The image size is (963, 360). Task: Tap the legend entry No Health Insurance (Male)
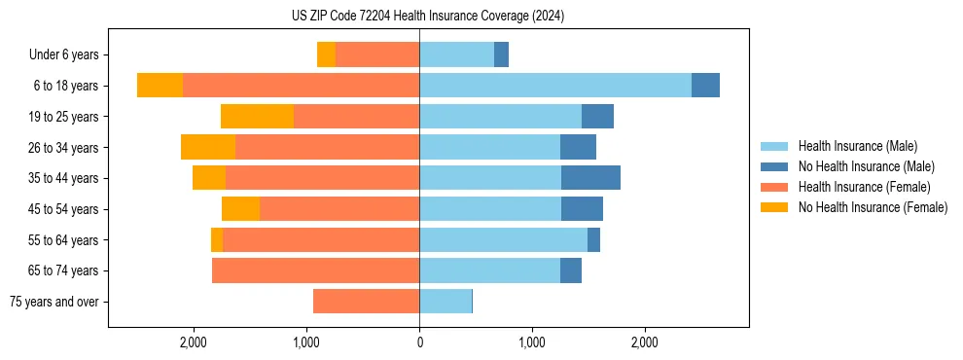866,166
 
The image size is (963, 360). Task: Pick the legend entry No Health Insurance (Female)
873,207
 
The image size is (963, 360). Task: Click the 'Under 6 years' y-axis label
63,55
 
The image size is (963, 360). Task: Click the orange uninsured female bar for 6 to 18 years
160,86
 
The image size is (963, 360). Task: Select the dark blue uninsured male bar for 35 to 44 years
590,178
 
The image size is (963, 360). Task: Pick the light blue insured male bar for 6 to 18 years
554,86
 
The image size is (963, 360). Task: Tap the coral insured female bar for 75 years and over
366,302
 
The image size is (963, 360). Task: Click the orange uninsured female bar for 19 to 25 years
257,117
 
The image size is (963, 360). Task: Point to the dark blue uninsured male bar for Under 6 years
501,55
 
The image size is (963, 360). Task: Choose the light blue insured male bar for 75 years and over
445,302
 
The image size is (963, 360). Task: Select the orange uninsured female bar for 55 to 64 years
217,240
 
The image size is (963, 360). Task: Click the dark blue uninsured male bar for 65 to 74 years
571,270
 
